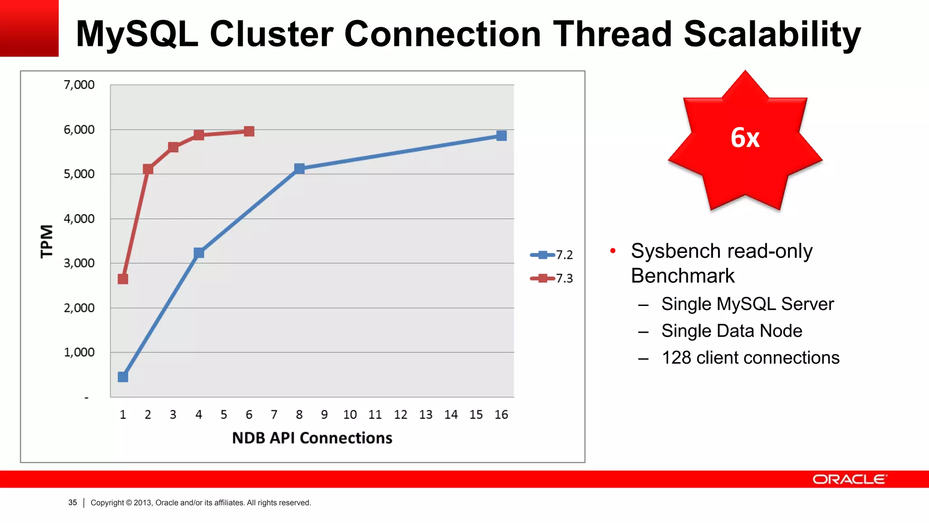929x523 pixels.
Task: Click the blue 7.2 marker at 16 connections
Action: [501, 136]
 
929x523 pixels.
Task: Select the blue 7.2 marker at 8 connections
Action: [299, 168]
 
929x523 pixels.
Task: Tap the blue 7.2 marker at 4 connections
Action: [199, 253]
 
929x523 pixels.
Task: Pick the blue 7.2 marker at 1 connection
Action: [123, 377]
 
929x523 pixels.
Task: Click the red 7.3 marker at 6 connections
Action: [249, 131]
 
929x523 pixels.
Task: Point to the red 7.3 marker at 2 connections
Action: [148, 169]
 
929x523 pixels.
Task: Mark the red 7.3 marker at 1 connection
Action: [123, 279]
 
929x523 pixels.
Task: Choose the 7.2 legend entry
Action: [552, 255]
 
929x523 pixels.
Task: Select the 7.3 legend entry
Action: [552, 278]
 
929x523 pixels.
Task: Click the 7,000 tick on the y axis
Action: [79, 85]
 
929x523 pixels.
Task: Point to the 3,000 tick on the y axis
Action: [79, 263]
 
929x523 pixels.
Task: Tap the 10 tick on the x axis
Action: [350, 414]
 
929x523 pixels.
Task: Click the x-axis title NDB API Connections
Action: [312, 438]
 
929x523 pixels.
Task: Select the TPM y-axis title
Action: [47, 241]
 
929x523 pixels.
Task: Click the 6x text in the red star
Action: [745, 138]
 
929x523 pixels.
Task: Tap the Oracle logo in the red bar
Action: [849, 479]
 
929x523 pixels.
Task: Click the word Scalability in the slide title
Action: [772, 35]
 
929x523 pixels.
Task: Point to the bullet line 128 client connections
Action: [750, 358]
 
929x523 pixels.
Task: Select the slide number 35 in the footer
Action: [73, 503]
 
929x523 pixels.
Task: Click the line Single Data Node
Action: [731, 331]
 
